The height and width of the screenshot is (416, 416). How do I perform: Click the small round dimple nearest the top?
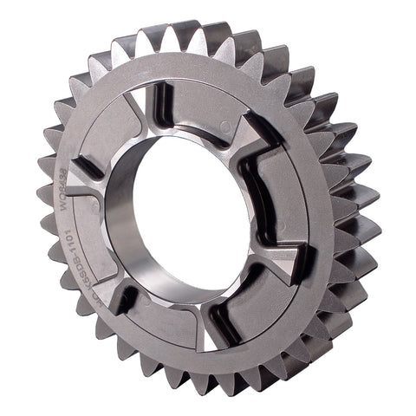(x=226, y=127)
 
